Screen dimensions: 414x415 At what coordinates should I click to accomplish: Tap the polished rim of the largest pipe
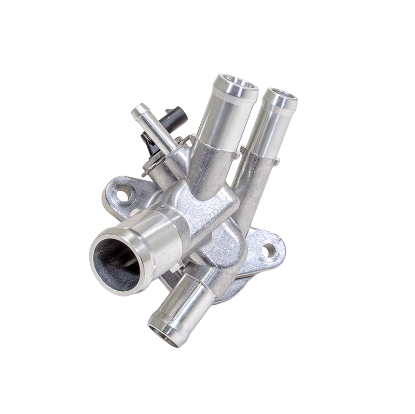pyautogui.click(x=99, y=244)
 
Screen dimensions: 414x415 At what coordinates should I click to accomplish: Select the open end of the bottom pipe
pyautogui.click(x=165, y=332)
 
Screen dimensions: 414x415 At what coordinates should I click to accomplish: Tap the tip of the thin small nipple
pyautogui.click(x=139, y=110)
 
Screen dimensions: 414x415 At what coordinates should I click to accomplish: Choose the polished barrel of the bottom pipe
pyautogui.click(x=187, y=306)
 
